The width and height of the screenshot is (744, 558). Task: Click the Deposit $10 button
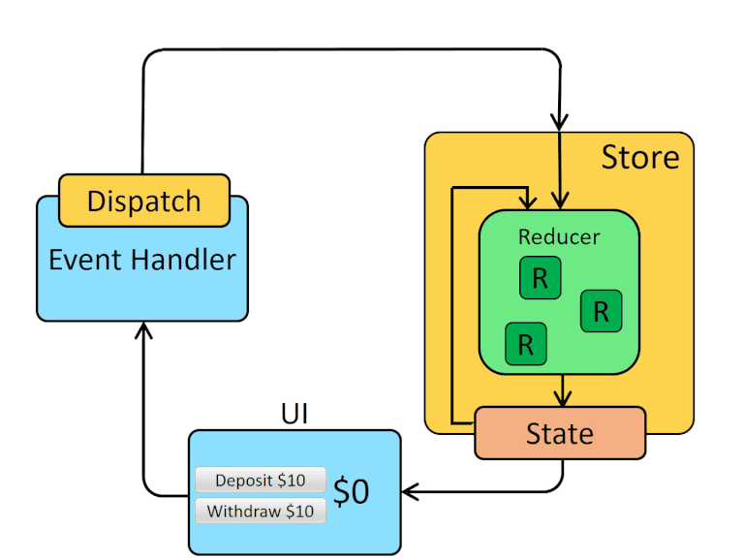(260, 480)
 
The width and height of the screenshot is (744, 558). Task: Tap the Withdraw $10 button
(260, 511)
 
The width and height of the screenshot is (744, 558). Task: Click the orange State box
(559, 433)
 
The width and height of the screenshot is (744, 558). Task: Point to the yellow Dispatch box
(144, 201)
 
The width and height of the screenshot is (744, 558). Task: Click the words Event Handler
(142, 260)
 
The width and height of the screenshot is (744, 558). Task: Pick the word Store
(640, 157)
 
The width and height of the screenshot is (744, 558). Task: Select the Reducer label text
(559, 236)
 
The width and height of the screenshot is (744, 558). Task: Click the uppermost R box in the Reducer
(540, 279)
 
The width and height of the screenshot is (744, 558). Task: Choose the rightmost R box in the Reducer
(601, 311)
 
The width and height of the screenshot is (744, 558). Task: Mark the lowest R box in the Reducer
(526, 344)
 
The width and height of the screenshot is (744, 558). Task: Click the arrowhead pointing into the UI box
(410, 492)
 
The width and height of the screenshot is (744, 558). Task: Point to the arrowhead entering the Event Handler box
(143, 331)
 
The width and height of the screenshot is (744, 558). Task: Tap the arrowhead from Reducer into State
(560, 398)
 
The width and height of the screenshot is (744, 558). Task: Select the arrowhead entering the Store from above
(559, 121)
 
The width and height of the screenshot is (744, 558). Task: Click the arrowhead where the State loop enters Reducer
(528, 201)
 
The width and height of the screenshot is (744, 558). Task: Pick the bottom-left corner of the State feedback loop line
(452, 423)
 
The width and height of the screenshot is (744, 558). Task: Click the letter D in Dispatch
(97, 201)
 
